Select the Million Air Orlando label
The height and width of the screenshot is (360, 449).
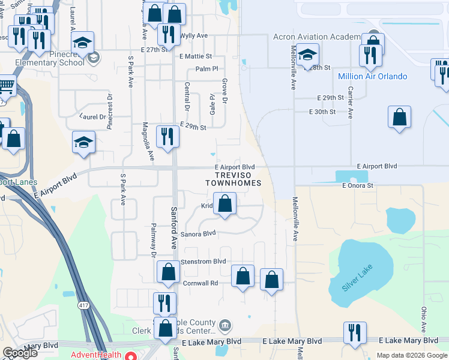point(372,76)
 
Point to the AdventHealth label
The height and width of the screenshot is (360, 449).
point(96,355)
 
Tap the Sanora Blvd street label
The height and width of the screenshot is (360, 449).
point(199,233)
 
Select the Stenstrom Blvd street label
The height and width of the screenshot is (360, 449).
point(203,262)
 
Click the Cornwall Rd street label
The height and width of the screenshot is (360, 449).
point(199,283)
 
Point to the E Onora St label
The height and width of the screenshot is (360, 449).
point(358,186)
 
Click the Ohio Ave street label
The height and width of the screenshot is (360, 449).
point(424,319)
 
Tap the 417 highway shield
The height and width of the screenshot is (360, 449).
point(84,305)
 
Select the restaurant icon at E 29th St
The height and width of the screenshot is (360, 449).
point(166,136)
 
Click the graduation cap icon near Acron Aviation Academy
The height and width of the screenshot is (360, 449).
point(307,54)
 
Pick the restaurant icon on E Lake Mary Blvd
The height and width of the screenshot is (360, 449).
point(354,332)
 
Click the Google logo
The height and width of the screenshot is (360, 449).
point(20,353)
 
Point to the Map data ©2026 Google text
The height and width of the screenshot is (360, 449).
point(411,355)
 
